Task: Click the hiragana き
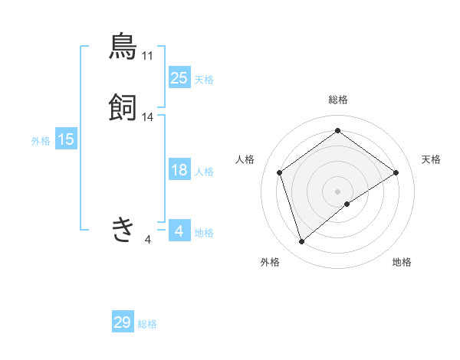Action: [x=123, y=229]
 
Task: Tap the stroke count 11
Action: [x=148, y=56]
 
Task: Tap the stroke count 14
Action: [x=148, y=117]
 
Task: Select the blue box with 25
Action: [x=179, y=77]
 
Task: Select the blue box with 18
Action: [x=179, y=170]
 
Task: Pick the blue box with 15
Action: [x=66, y=139]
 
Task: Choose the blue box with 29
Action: [x=123, y=322]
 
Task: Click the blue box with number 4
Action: [x=179, y=231]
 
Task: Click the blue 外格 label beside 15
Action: [x=41, y=140]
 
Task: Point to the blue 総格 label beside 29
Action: [x=147, y=324]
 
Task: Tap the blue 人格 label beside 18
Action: [x=205, y=172]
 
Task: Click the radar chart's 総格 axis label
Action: [x=337, y=100]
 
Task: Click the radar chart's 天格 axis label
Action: [x=431, y=159]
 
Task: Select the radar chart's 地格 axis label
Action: [x=402, y=263]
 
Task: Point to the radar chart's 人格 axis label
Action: [x=245, y=159]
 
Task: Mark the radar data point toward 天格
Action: [x=396, y=172]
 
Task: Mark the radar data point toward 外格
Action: [x=302, y=242]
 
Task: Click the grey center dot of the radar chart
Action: [x=337, y=191]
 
